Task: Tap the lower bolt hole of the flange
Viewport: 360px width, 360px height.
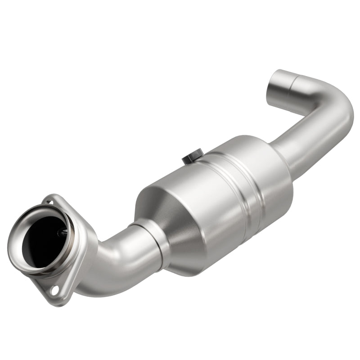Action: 55,290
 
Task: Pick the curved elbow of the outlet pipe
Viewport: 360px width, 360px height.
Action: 333,101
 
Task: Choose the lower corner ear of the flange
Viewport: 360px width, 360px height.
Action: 58,295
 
